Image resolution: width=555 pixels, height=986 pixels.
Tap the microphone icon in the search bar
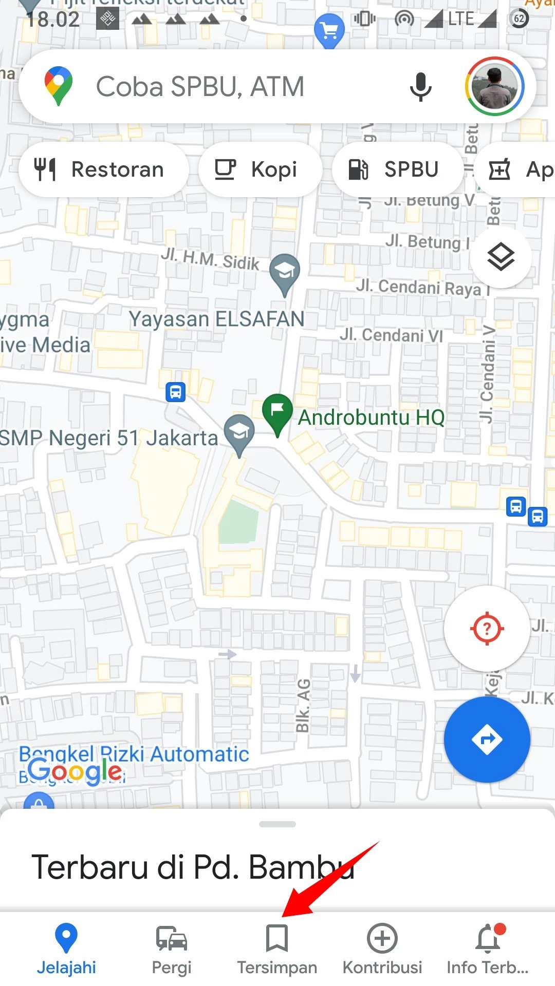420,86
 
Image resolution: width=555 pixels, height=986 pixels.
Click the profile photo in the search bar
494,86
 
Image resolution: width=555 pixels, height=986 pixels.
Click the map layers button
501,257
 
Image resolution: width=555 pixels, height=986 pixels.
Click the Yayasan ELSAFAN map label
216,319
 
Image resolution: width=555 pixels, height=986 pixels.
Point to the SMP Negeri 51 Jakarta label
109,438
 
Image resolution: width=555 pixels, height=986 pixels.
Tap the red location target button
487,628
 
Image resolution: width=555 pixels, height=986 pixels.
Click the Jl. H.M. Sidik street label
210,259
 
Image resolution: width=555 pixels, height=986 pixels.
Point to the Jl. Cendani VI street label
391,335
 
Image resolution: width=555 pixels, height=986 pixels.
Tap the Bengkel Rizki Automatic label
134,754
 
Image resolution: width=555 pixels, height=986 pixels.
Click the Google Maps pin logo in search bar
59,86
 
